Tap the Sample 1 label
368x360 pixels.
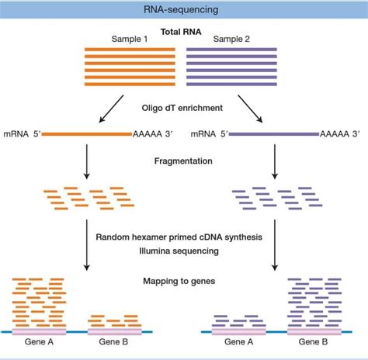click(x=130, y=39)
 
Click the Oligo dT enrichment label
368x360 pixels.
click(x=183, y=108)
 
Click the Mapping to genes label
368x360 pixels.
click(x=183, y=282)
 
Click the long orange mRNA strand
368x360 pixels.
click(x=86, y=134)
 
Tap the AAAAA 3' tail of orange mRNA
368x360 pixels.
click(x=157, y=134)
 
